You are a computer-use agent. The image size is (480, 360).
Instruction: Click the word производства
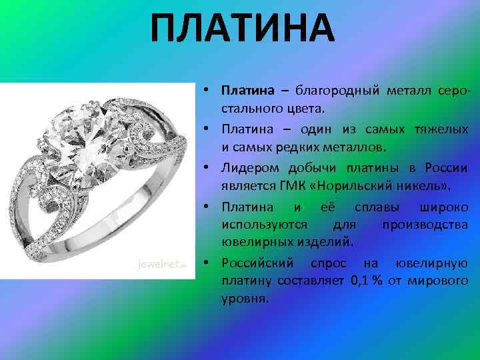[425, 223]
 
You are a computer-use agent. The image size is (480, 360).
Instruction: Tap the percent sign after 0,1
[377, 280]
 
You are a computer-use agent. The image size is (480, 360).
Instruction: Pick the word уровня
[244, 299]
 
